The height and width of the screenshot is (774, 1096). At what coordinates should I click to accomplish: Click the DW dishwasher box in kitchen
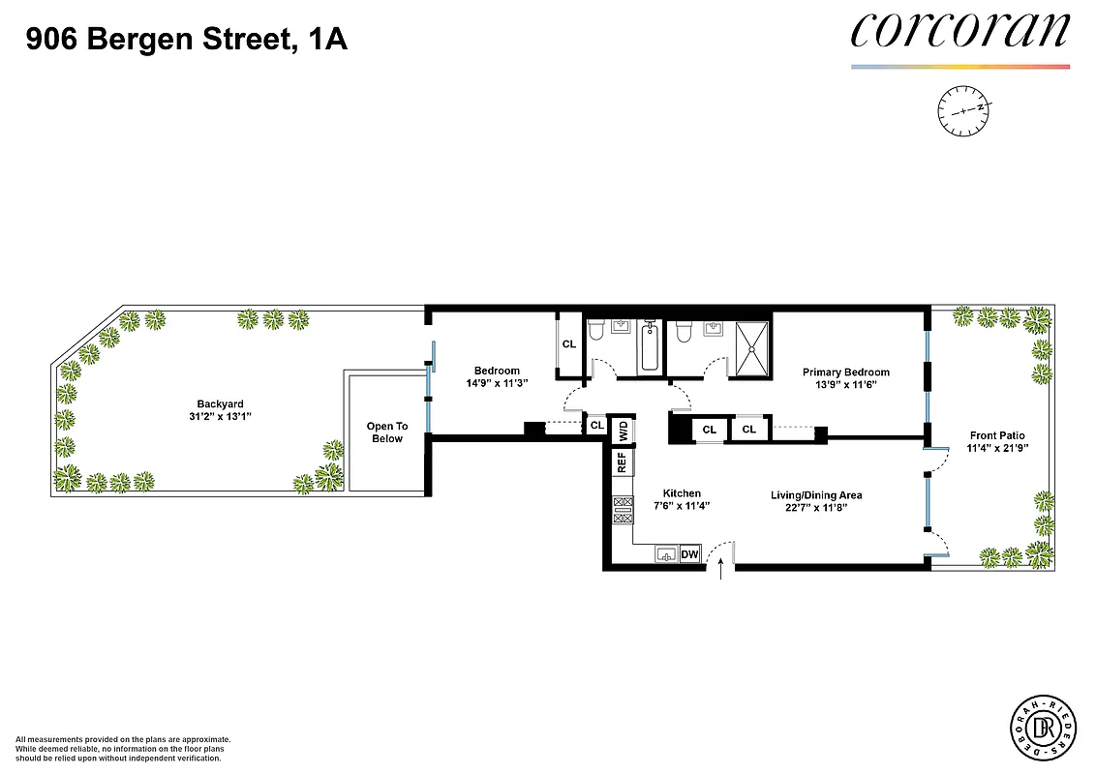tap(690, 554)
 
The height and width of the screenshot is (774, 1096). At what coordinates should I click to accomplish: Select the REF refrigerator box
tap(621, 462)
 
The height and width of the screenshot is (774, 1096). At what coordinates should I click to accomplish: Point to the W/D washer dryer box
tap(624, 431)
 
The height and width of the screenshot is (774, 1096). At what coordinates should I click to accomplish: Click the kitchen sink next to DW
tap(666, 554)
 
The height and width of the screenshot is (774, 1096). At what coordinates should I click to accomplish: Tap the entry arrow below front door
tap(722, 574)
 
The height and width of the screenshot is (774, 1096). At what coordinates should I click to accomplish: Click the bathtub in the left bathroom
tap(649, 347)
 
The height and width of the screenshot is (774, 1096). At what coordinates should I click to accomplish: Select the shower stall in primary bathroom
tap(751, 346)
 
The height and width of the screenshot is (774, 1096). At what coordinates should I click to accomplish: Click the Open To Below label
tap(386, 432)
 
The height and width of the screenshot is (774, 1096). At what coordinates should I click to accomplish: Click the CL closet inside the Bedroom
tap(568, 343)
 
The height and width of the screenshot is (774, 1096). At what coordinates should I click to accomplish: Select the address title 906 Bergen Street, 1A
tap(186, 40)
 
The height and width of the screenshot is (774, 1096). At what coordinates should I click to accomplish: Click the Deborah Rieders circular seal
tap(1043, 727)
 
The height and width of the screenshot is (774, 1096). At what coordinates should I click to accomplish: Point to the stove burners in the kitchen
tap(621, 511)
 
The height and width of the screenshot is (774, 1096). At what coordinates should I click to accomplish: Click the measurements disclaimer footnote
tap(123, 748)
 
